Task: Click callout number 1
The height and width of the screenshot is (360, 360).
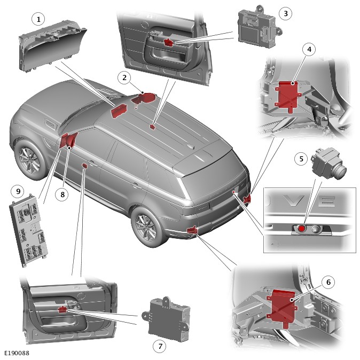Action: click(x=37, y=19)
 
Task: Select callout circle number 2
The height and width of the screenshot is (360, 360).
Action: click(x=124, y=78)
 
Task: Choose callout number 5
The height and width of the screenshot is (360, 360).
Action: click(x=301, y=159)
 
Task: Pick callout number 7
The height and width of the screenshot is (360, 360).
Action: click(x=159, y=346)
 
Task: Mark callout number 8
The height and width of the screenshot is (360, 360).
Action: click(x=62, y=195)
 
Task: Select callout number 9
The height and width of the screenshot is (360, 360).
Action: click(x=18, y=190)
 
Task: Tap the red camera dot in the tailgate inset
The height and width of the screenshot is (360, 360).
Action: click(x=302, y=229)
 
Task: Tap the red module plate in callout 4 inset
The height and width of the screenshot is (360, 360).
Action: click(x=287, y=96)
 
